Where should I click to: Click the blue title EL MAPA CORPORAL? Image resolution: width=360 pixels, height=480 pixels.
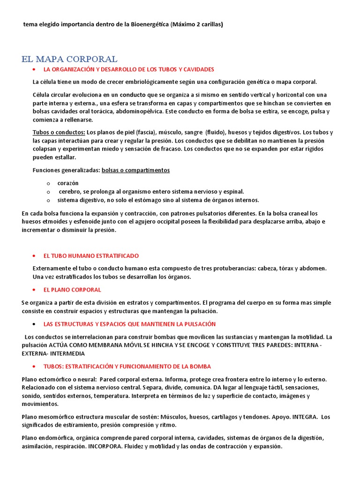69,59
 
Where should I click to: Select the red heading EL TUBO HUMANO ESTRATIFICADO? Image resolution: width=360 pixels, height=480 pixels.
91,256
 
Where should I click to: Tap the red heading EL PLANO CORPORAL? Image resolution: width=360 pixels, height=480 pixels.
72,290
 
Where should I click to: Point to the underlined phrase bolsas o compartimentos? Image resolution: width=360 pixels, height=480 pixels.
135,170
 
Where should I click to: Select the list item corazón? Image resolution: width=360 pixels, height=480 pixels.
68,183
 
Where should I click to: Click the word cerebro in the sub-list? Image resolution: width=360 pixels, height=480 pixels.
70,191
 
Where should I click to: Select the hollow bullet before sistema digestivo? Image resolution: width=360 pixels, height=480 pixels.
48,200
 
